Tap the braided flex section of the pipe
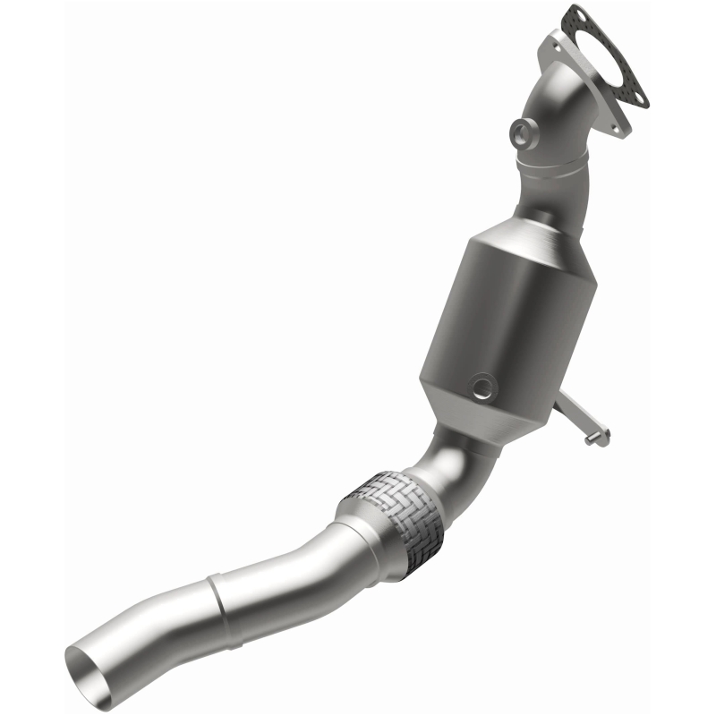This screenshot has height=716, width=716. coord(395,514)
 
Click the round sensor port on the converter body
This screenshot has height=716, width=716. coord(484,386)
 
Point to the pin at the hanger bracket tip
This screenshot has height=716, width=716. coord(592,438)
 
